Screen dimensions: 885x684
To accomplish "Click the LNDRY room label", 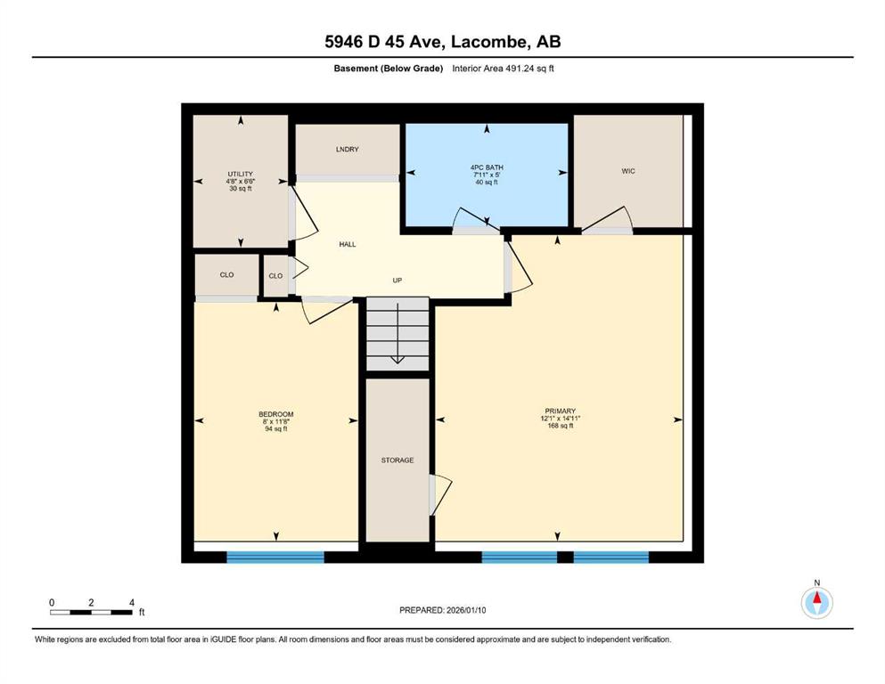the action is click(x=347, y=150).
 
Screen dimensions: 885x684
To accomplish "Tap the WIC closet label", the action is click(x=628, y=171).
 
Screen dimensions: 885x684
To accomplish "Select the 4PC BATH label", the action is click(x=487, y=167).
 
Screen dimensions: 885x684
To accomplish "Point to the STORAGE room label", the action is click(x=397, y=460).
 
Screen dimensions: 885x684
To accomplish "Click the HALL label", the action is click(x=348, y=244).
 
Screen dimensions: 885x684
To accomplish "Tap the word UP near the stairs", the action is click(x=397, y=281).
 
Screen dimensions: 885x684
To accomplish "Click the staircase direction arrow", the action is click(x=397, y=333).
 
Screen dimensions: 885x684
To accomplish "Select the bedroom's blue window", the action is click(x=275, y=558).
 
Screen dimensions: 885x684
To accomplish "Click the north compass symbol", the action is click(x=816, y=602).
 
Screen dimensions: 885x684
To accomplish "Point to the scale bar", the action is click(x=92, y=612).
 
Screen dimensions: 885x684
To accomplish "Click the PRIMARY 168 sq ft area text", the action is click(x=560, y=426).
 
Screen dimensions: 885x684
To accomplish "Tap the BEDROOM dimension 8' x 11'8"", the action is click(x=276, y=421).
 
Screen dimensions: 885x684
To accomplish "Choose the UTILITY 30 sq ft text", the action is click(x=241, y=188).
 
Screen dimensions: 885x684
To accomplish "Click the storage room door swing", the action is click(x=441, y=494).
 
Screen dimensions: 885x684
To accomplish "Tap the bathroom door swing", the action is click(x=476, y=221).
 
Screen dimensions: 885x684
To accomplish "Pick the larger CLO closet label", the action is click(x=227, y=274).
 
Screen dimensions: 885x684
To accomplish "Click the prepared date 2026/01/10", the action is click(x=466, y=610).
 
